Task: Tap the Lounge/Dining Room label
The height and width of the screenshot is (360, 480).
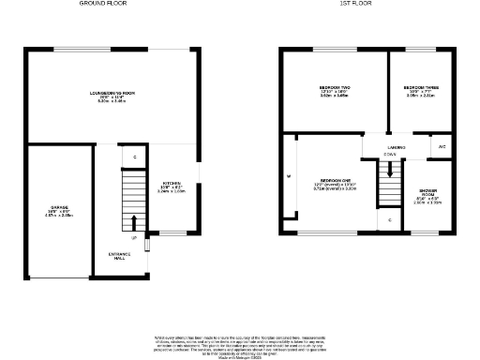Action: pyautogui.click(x=112, y=96)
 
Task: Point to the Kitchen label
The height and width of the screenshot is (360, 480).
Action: pyautogui.click(x=173, y=186)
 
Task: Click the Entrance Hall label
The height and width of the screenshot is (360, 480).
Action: pyautogui.click(x=119, y=256)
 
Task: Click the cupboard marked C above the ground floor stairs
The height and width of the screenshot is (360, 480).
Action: pyautogui.click(x=134, y=157)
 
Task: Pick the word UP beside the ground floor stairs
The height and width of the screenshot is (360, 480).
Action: pyautogui.click(x=134, y=238)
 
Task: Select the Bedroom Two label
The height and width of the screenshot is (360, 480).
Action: pyautogui.click(x=334, y=92)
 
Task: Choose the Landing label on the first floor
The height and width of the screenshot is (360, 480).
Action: pyautogui.click(x=397, y=148)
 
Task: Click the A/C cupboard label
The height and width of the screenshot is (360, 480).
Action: pyautogui.click(x=442, y=148)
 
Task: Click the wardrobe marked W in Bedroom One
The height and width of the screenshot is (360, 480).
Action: pyautogui.click(x=289, y=177)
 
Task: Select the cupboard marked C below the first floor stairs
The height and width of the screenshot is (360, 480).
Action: pyautogui.click(x=389, y=219)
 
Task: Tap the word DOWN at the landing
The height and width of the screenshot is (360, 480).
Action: pyautogui.click(x=389, y=156)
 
